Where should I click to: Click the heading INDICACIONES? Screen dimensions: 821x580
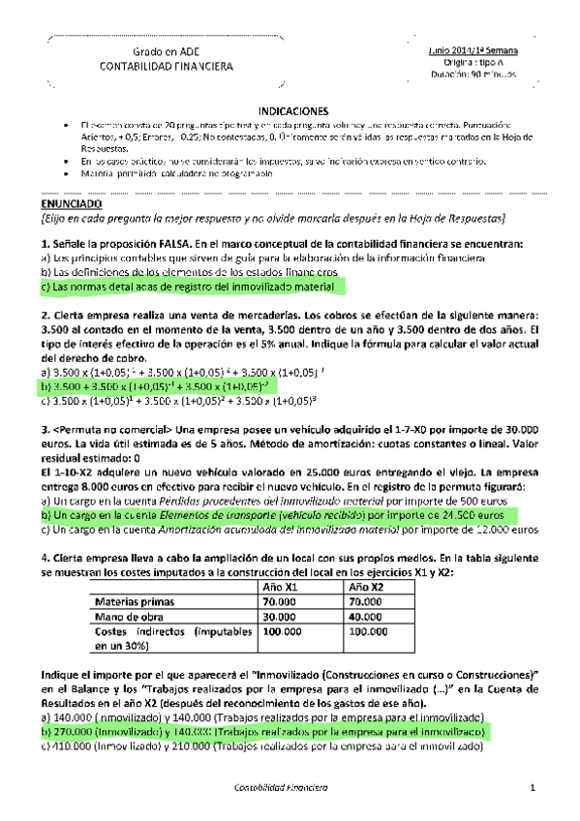[x=292, y=111]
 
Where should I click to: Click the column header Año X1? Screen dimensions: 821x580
[x=280, y=588]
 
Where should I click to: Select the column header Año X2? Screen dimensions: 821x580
[x=367, y=588]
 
